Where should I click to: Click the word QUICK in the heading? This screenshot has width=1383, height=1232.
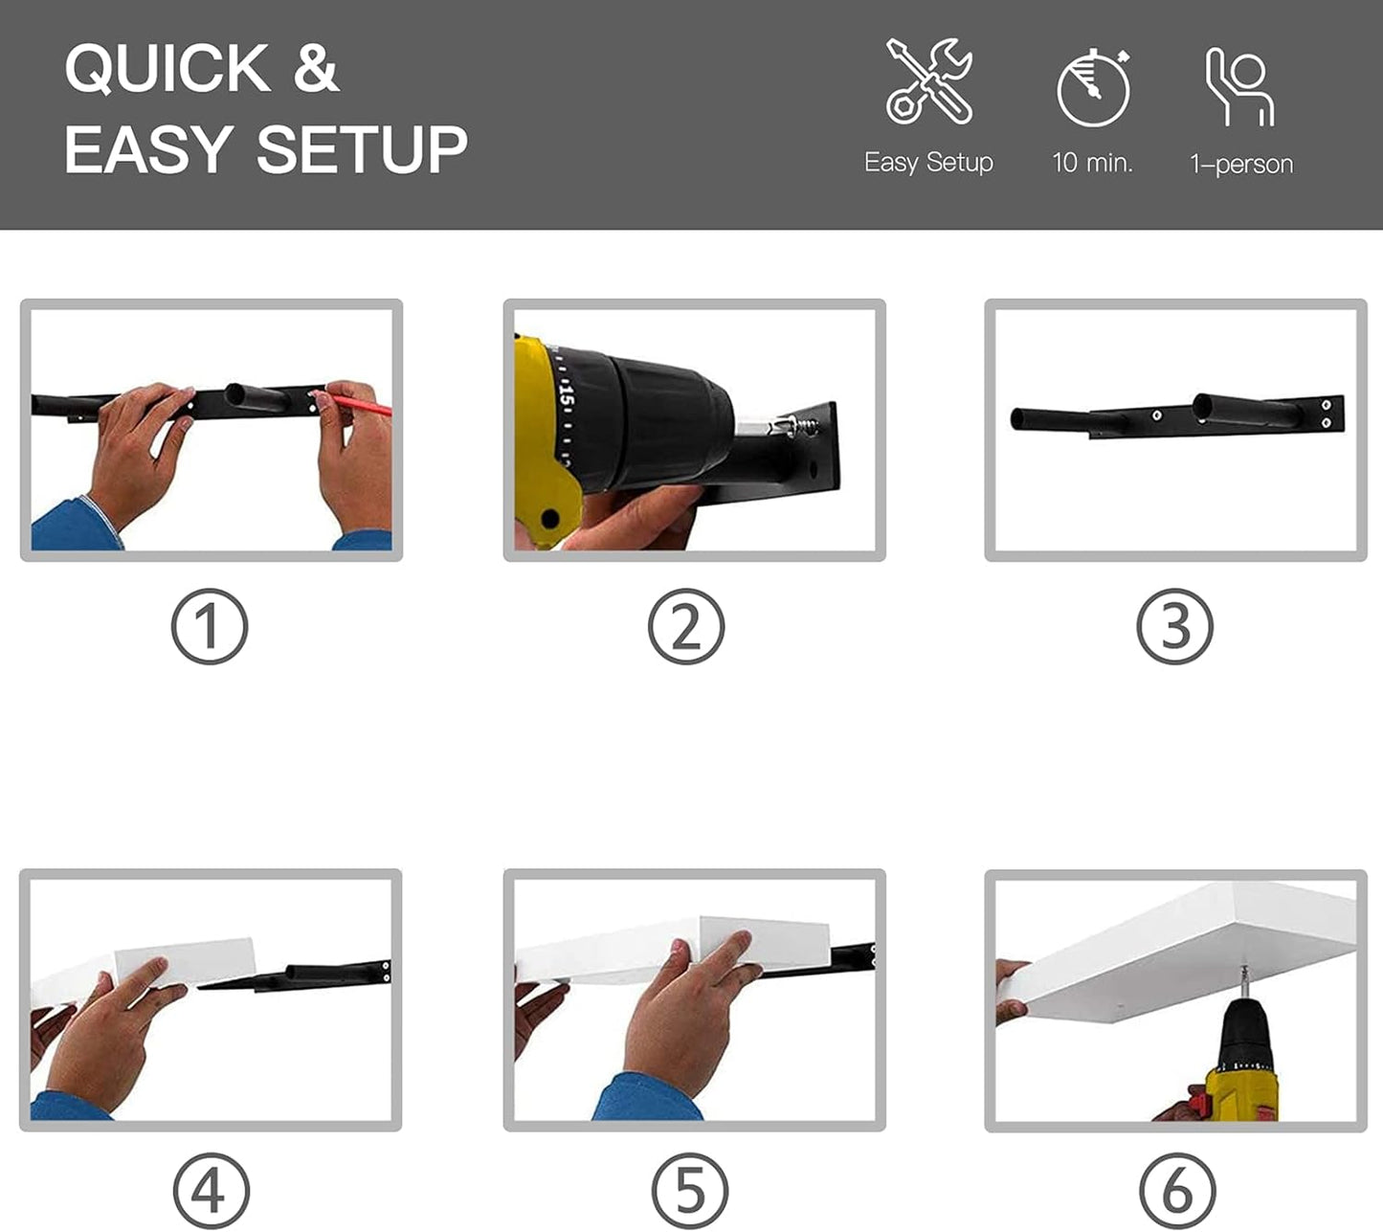[x=167, y=68]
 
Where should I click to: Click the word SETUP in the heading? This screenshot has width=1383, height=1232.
[x=362, y=149]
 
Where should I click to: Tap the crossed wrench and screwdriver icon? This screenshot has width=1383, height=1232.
[x=928, y=81]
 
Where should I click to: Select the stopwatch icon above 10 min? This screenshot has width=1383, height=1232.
[x=1094, y=87]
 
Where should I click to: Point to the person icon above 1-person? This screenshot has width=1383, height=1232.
[x=1239, y=87]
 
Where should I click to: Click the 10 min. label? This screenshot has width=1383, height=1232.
[x=1092, y=163]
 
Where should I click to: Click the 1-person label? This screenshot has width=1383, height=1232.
[x=1241, y=164]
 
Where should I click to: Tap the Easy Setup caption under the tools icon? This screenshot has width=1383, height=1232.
[x=928, y=163]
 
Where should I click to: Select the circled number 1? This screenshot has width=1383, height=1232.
[x=210, y=626]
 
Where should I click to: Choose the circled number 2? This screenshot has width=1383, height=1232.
[x=686, y=626]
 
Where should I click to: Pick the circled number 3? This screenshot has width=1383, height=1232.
[x=1174, y=626]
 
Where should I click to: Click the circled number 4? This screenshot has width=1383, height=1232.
[x=211, y=1192]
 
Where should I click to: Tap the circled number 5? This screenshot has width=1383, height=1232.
[x=690, y=1192]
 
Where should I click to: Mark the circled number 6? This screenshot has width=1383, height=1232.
[x=1177, y=1192]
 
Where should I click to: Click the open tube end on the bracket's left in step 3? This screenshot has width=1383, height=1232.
[x=1017, y=418]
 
